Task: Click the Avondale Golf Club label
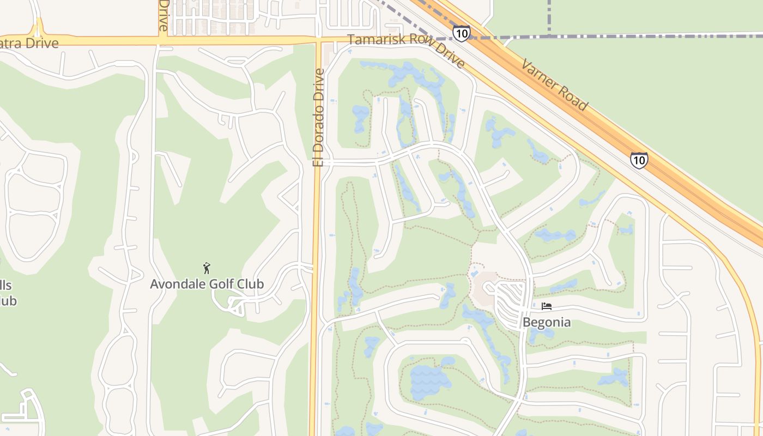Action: (x=207, y=284)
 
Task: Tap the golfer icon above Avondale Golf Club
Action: (x=207, y=268)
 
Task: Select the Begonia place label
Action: (x=547, y=322)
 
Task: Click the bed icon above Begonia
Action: (x=547, y=306)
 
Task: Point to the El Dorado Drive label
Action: (x=318, y=117)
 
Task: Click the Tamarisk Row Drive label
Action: (x=406, y=51)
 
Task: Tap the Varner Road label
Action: (x=554, y=85)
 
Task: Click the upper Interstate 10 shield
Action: (x=461, y=33)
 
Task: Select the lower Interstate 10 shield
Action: (x=639, y=160)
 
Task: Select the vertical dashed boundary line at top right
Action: (x=549, y=16)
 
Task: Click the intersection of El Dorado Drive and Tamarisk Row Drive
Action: (x=318, y=41)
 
